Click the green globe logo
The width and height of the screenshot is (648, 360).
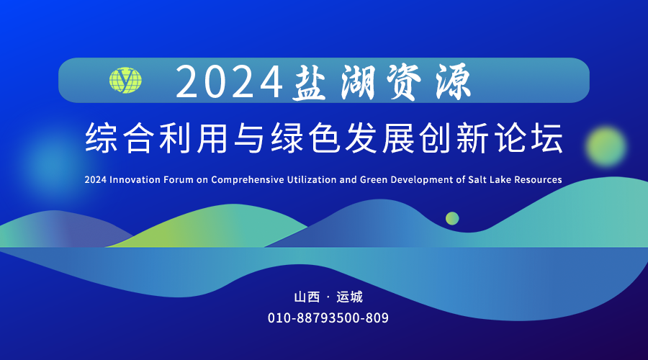click(x=125, y=80)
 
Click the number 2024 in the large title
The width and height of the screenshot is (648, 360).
click(x=230, y=82)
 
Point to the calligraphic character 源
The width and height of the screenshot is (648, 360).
click(x=454, y=82)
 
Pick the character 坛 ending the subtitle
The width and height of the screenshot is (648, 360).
click(x=547, y=138)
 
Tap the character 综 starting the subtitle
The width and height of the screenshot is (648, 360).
click(x=100, y=138)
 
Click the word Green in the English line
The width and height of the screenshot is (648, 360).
click(x=374, y=180)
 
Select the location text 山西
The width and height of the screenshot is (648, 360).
click(x=307, y=297)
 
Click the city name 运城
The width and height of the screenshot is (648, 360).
click(x=350, y=297)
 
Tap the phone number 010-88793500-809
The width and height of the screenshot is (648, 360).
click(x=328, y=318)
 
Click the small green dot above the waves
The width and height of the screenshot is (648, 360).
click(x=452, y=218)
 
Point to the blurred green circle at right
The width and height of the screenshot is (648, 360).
click(x=606, y=146)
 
